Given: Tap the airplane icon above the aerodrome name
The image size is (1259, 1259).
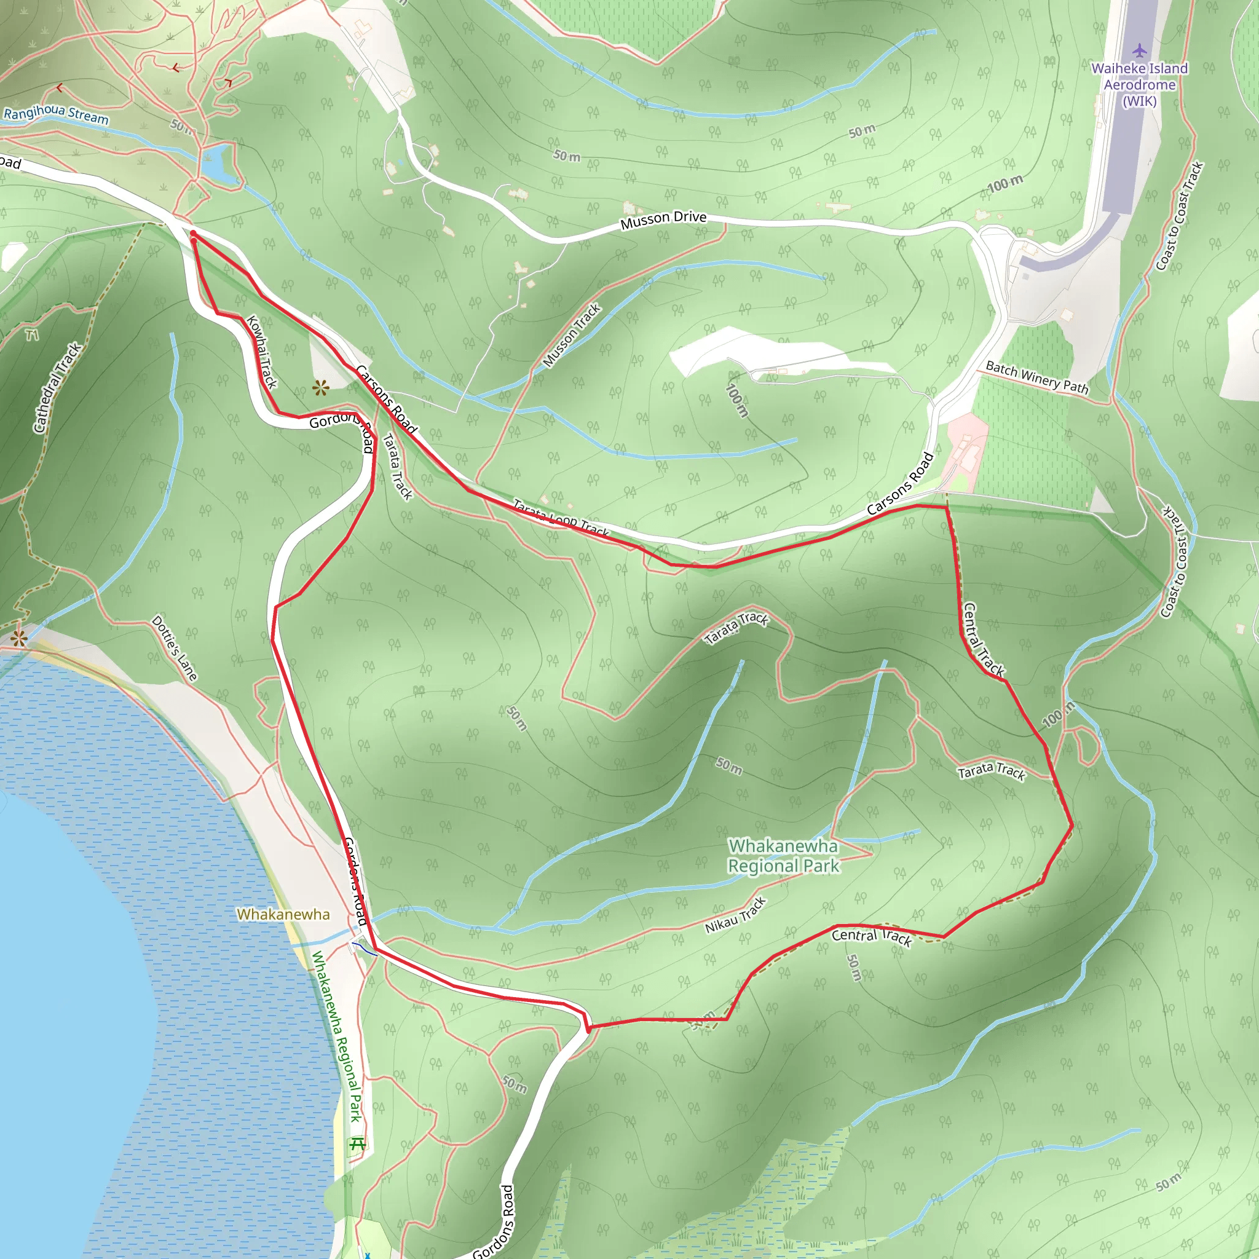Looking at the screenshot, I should coord(1139,50).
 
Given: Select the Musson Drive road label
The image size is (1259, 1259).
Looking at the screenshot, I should coord(663,220).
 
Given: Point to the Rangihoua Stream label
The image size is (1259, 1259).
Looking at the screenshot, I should coord(56,114).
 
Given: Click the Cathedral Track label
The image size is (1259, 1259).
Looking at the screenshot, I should coord(57,388).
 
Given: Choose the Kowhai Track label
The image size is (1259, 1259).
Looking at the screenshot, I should coord(262,352).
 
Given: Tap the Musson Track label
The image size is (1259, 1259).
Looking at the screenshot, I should coord(572,336).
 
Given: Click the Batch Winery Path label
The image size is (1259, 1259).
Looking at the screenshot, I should coord(1037,377).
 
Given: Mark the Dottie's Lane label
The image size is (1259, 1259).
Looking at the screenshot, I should coord(174,648).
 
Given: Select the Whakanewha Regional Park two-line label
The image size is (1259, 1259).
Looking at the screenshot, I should coord(783,856).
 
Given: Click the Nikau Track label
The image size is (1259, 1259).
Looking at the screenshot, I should coord(735,915).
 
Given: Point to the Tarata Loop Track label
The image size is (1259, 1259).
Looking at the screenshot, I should coord(561,518).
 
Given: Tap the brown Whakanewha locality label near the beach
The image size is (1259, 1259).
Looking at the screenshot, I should coord(283,914).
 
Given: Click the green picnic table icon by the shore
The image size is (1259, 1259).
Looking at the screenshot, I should coord(357,1143).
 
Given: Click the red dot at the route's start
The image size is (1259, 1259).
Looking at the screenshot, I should coord(194,233).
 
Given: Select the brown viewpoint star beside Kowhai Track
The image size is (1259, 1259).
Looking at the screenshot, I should coord(320,389).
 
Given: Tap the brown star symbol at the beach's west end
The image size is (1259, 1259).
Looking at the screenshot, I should coord(18,638).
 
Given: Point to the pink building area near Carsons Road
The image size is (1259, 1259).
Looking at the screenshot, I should coord(967,449).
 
